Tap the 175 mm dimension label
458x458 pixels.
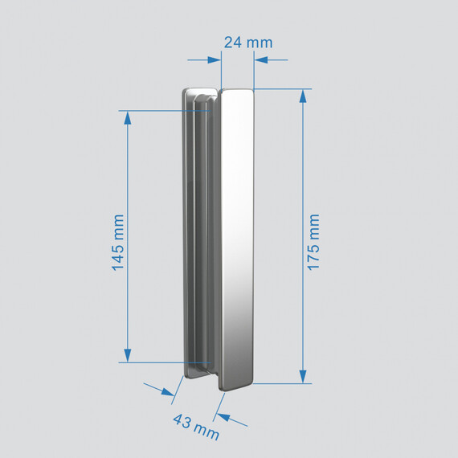point(313,241)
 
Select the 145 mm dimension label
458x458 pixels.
point(118,241)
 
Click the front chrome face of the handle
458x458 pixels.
point(237,241)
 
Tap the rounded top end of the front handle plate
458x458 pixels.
point(237,95)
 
